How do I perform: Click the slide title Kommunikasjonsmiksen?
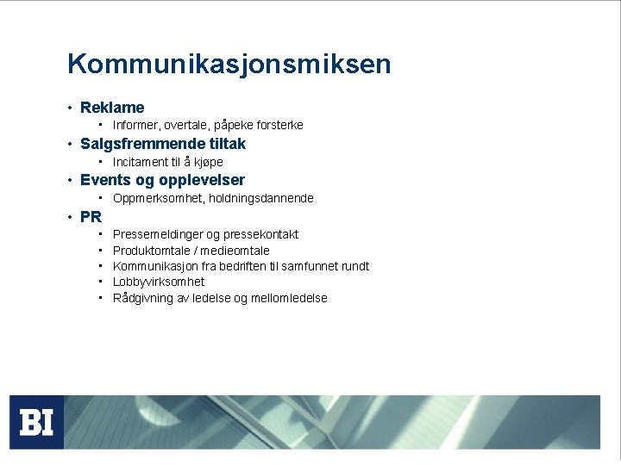tap(229, 65)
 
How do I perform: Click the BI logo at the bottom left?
tap(37, 422)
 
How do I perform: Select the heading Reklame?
tap(112, 108)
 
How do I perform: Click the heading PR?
tap(91, 216)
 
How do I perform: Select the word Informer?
tap(135, 126)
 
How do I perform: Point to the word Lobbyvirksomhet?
tap(159, 282)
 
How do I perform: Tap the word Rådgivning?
tap(141, 298)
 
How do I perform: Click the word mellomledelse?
tap(289, 298)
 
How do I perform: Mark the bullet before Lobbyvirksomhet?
tap(101, 282)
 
